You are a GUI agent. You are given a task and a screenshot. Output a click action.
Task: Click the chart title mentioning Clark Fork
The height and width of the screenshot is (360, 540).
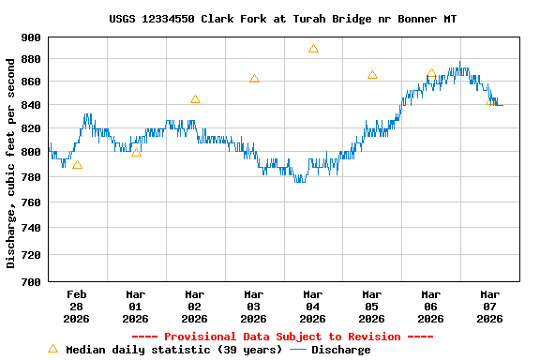coord(282,19)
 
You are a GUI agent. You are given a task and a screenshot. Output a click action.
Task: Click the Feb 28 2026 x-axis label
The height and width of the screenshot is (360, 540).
coord(77,306)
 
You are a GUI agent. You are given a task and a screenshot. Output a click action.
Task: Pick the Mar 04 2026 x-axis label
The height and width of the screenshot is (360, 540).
coord(313,306)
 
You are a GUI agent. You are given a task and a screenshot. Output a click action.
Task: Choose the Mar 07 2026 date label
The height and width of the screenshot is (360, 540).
coord(489,306)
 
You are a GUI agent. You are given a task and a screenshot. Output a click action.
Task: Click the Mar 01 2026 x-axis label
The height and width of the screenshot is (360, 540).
coord(136,306)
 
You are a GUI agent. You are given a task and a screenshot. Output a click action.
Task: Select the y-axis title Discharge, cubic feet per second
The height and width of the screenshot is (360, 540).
coord(11,163)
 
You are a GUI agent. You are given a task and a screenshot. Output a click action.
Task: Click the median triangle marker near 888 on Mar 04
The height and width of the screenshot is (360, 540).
coord(313,49)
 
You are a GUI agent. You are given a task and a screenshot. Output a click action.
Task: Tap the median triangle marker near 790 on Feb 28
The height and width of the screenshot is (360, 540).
coord(77,165)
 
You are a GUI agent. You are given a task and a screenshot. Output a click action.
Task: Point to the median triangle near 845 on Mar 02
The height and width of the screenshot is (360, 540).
coord(195,99)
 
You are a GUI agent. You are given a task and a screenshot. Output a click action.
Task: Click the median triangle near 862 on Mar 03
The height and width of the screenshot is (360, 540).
coord(254,79)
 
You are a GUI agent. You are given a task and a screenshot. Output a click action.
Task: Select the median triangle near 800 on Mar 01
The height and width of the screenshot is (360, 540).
coord(136,152)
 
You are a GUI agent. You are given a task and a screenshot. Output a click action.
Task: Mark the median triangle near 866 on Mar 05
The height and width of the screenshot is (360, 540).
coord(372,75)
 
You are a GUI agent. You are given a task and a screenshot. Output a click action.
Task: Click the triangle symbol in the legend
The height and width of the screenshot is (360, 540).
coord(52,349)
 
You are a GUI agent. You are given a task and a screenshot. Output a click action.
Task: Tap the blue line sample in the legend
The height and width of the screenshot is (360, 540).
coord(298,350)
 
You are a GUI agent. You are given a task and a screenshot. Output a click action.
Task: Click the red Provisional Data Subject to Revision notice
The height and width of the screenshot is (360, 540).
coord(282,337)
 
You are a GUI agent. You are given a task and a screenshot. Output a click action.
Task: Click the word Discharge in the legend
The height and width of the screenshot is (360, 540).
coord(340,350)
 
